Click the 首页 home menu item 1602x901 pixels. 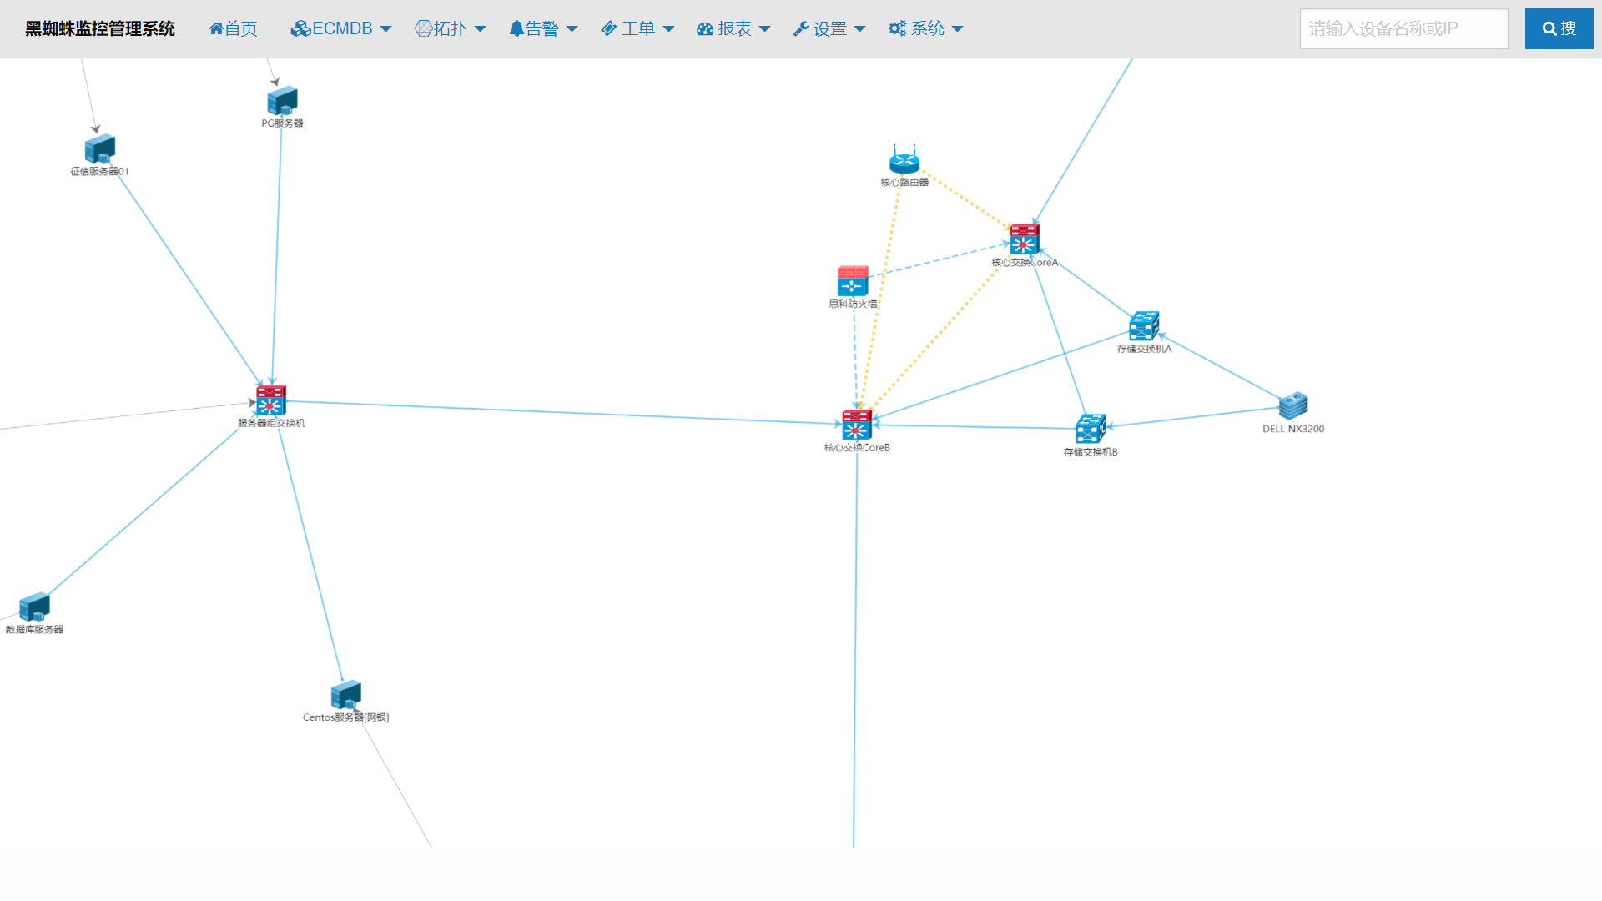[233, 28]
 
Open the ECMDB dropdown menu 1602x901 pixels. [340, 28]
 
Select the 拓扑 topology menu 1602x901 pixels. [450, 28]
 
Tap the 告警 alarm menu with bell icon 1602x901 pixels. [542, 28]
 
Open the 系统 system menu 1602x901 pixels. [925, 28]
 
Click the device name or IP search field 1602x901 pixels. [1403, 28]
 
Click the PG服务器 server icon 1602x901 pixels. [282, 101]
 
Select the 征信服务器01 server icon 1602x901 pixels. [99, 149]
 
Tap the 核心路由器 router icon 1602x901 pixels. [904, 159]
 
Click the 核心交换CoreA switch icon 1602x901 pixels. [1024, 239]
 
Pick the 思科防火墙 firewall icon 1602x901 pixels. [853, 282]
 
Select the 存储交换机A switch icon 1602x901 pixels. [1144, 326]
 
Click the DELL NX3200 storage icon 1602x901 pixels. [1293, 406]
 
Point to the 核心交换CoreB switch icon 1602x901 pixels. [857, 425]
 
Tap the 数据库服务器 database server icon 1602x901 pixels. [34, 607]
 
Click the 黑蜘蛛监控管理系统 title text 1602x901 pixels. [100, 28]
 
